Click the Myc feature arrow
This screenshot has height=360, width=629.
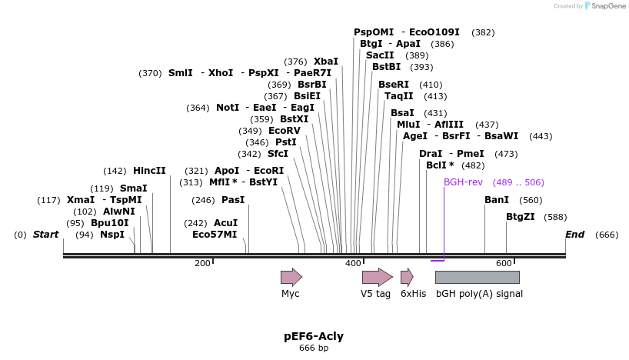click(291, 277)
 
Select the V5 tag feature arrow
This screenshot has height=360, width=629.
click(377, 277)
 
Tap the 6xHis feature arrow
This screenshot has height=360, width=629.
click(407, 277)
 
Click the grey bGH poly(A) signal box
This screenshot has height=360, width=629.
click(477, 277)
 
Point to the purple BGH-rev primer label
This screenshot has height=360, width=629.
click(463, 182)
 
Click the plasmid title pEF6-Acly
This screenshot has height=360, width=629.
click(314, 336)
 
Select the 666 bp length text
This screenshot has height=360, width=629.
click(314, 348)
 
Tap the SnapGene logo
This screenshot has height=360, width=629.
click(607, 6)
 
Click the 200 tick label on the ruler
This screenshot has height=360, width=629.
click(202, 263)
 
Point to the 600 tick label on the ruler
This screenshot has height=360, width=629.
click(504, 263)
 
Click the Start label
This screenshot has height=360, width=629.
click(45, 235)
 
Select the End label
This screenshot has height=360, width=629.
click(574, 235)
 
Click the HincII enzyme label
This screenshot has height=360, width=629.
click(149, 171)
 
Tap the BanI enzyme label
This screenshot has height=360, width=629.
click(497, 200)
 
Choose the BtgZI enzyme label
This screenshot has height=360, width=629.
click(520, 217)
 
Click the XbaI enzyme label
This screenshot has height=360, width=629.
click(325, 62)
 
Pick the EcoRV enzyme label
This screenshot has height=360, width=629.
click(285, 131)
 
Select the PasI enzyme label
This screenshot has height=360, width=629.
click(233, 200)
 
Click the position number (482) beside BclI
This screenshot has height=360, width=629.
click(473, 165)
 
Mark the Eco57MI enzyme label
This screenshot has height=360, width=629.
click(215, 235)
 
